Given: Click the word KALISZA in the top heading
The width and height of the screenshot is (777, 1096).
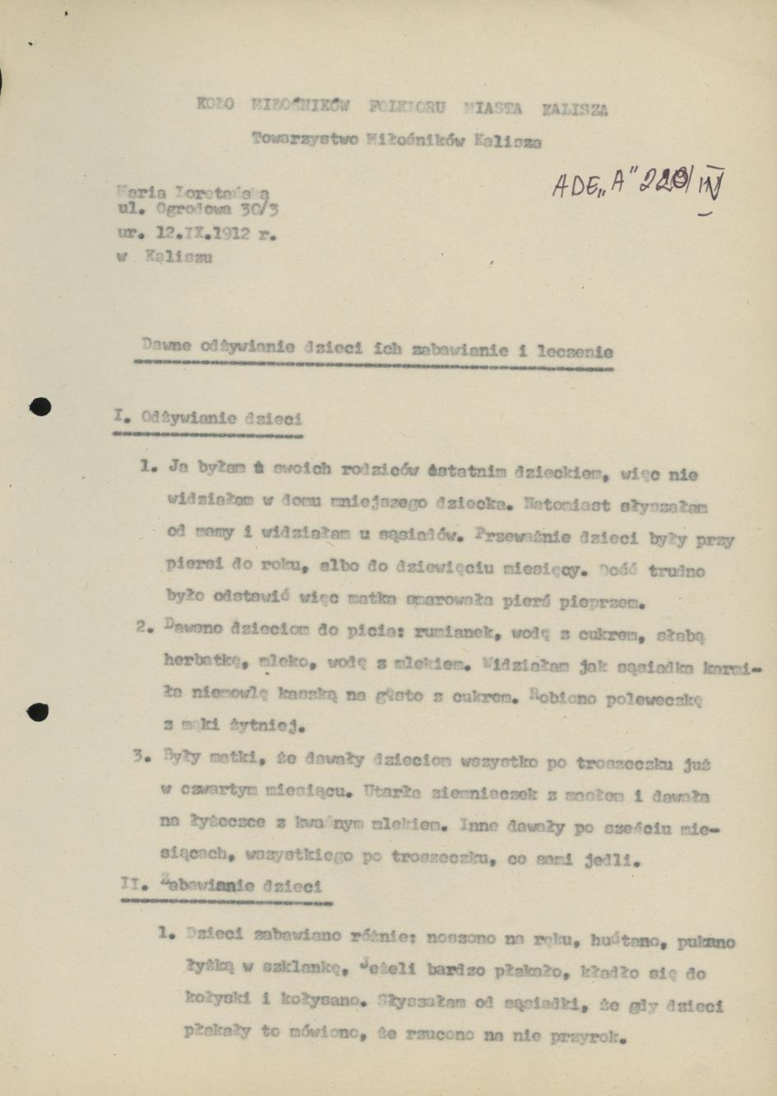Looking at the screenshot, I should coord(575,109).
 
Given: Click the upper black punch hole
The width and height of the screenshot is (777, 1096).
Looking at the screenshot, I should coord(39,406).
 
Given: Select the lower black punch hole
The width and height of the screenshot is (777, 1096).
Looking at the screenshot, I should coord(38,712).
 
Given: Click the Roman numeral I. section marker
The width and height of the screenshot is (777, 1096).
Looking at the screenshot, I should coord(122,415).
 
